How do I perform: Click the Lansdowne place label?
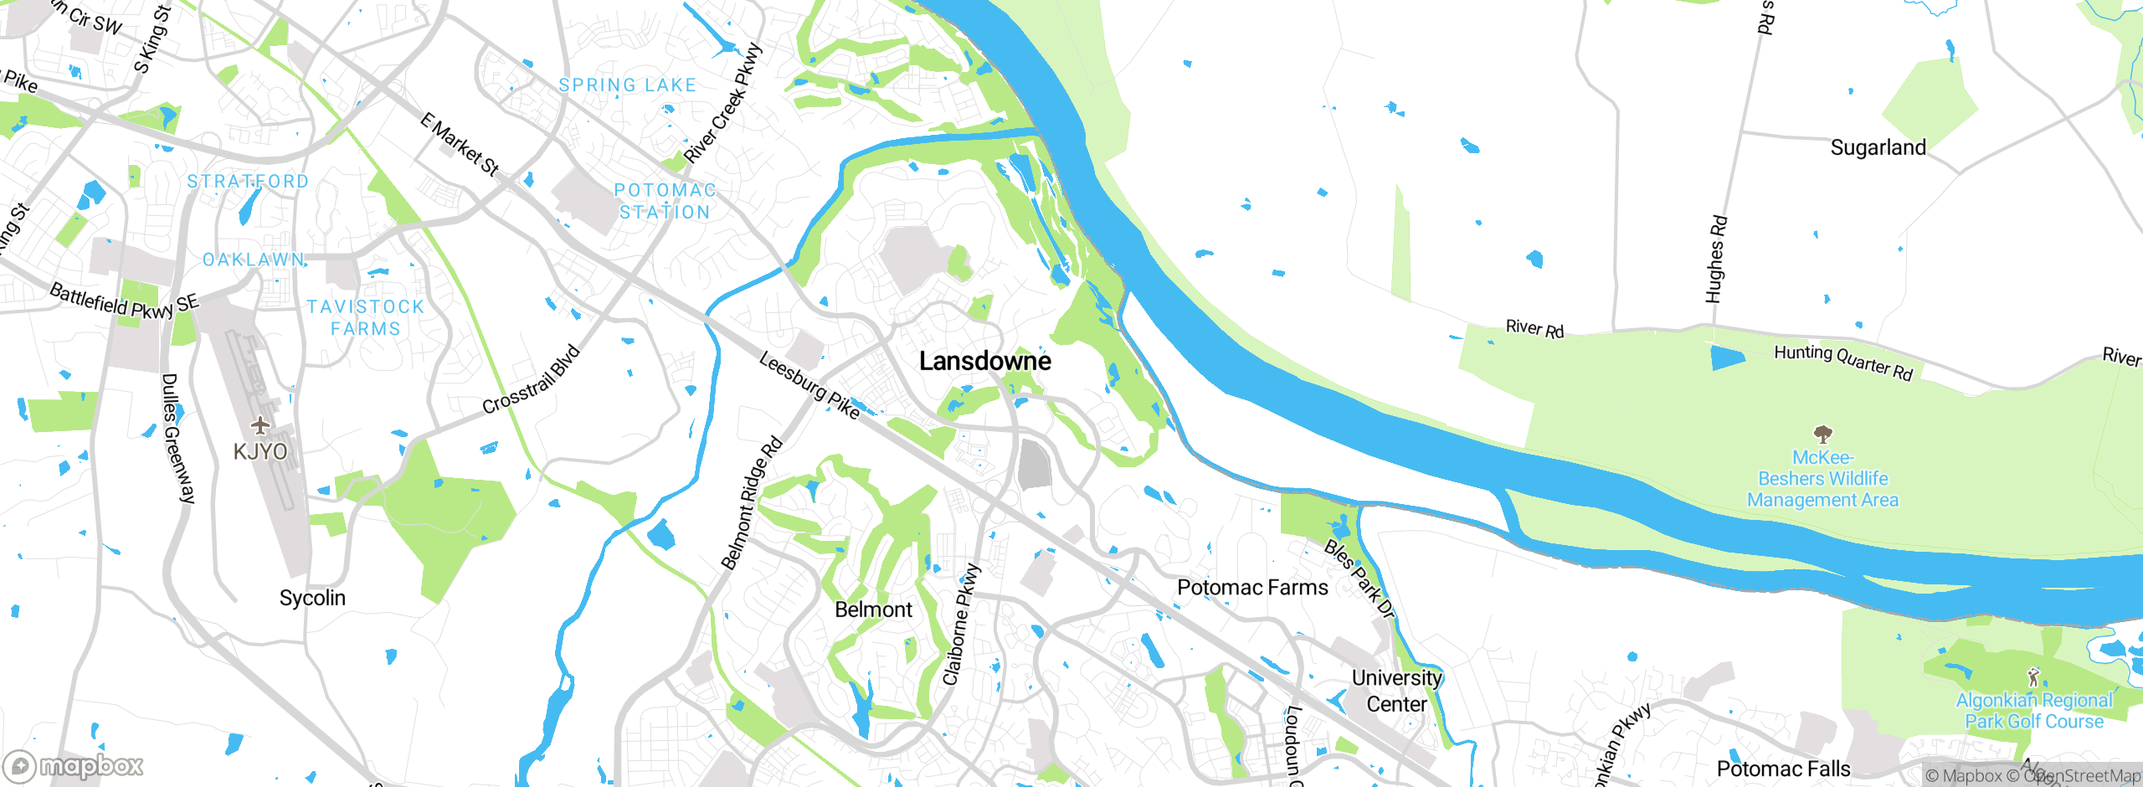pyautogui.click(x=984, y=361)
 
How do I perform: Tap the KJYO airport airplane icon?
pyautogui.click(x=260, y=425)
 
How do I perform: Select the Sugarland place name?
pyautogui.click(x=1878, y=148)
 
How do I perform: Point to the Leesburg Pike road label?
pyautogui.click(x=809, y=385)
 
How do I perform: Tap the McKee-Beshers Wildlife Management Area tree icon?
pyautogui.click(x=1822, y=434)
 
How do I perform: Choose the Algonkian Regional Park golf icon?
pyautogui.click(x=2033, y=676)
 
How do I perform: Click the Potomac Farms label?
pyautogui.click(x=1251, y=588)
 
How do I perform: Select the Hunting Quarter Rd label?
pyautogui.click(x=1843, y=362)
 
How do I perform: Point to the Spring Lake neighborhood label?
pyautogui.click(x=627, y=85)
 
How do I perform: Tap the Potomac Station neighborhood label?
pyautogui.click(x=665, y=201)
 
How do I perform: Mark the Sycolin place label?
pyautogui.click(x=312, y=598)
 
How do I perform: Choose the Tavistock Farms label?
pyautogui.click(x=365, y=318)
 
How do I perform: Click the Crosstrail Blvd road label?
pyautogui.click(x=531, y=379)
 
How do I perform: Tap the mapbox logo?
pyautogui.click(x=74, y=766)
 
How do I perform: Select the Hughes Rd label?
pyautogui.click(x=1715, y=260)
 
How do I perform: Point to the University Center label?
pyautogui.click(x=1396, y=691)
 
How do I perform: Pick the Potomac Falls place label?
pyautogui.click(x=1783, y=769)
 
